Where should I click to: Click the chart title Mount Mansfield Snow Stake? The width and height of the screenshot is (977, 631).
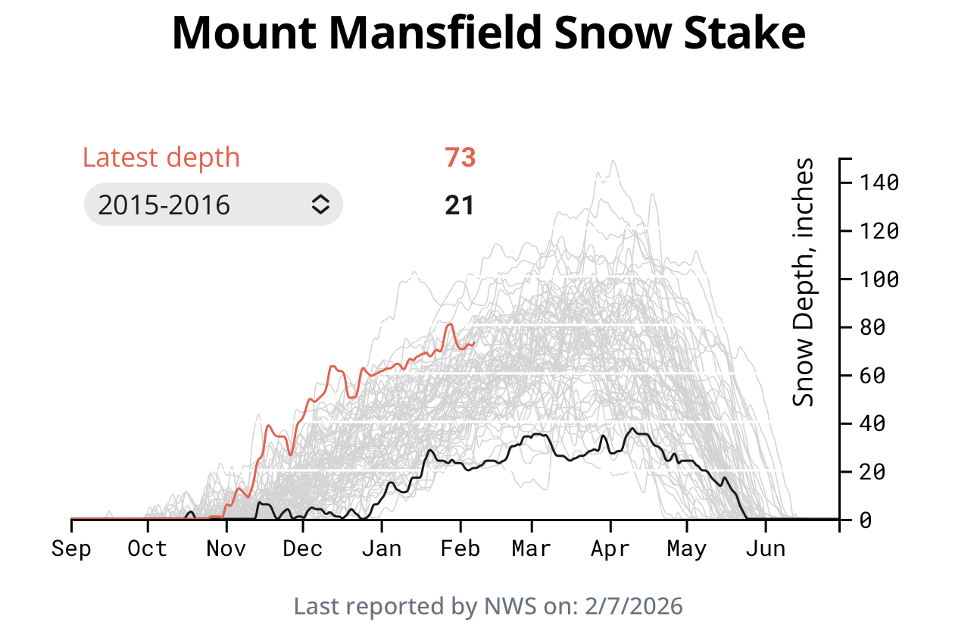(488, 34)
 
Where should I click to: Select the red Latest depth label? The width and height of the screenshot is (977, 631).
(161, 158)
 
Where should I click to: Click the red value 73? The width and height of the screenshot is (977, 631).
(460, 158)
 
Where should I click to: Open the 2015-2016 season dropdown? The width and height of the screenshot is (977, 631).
(213, 205)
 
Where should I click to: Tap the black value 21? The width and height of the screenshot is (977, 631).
(460, 205)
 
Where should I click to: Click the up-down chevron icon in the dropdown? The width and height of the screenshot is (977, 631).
(320, 205)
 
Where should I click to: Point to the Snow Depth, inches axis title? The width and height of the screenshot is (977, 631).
(804, 282)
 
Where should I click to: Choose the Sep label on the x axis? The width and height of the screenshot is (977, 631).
(70, 548)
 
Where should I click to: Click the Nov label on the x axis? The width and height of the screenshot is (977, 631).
(226, 548)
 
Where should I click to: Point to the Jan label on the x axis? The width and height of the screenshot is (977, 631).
(381, 548)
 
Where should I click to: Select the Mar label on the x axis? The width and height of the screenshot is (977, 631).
(531, 548)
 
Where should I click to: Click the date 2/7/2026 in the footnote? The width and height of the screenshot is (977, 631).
(638, 607)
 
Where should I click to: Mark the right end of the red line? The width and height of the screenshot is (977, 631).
(473, 343)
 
